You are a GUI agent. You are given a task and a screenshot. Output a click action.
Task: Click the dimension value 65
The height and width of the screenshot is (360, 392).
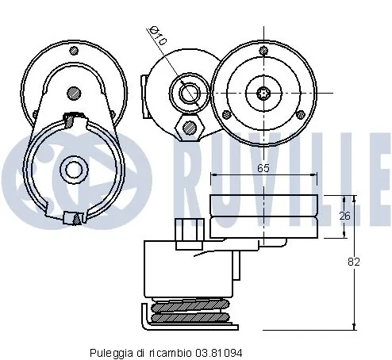(x=263, y=168)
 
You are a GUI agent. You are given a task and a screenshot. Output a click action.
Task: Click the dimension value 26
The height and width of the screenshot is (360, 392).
(x=345, y=216)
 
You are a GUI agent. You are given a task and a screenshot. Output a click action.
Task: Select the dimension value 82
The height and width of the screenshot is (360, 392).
(x=354, y=262)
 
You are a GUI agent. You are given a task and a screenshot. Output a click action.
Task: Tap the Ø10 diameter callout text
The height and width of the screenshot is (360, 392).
(x=159, y=36)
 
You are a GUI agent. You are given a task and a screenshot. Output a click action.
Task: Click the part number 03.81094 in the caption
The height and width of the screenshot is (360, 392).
(x=219, y=353)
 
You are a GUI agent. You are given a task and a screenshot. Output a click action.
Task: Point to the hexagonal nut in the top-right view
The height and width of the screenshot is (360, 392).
(x=190, y=128)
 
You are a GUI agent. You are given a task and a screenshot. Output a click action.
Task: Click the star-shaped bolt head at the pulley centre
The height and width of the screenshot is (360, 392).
(x=263, y=93)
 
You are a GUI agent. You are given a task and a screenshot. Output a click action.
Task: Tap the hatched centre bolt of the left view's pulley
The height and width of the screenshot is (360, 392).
(x=74, y=94)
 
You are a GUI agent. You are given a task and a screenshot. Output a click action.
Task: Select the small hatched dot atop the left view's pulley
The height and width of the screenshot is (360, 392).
(x=74, y=50)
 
